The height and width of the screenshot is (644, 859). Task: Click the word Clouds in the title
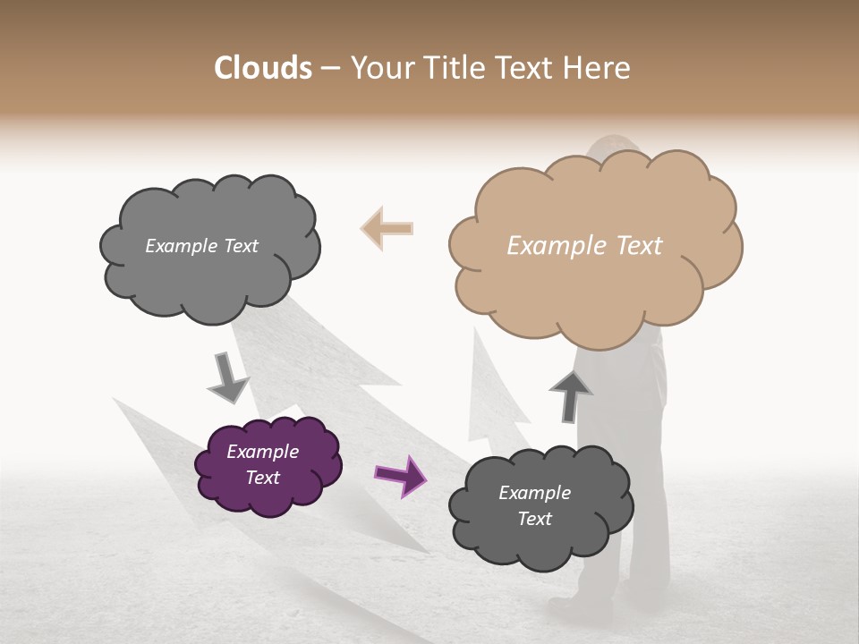(x=263, y=68)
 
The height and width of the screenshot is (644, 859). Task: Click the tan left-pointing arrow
(x=387, y=228)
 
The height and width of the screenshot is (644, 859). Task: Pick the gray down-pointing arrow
(x=227, y=377)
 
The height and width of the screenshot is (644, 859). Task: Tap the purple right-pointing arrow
(x=402, y=475)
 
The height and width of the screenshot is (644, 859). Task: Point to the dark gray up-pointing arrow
(x=570, y=394)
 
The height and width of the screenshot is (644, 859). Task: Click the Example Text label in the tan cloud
(x=584, y=246)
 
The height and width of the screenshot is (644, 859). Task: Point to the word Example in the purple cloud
(x=262, y=452)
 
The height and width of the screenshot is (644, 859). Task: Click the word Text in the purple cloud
(x=262, y=478)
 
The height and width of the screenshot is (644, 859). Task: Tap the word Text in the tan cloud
(x=637, y=246)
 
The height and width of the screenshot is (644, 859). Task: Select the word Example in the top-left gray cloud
(x=181, y=246)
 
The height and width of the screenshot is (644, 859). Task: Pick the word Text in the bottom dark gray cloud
(x=534, y=519)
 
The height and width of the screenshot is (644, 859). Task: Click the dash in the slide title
(x=330, y=69)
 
